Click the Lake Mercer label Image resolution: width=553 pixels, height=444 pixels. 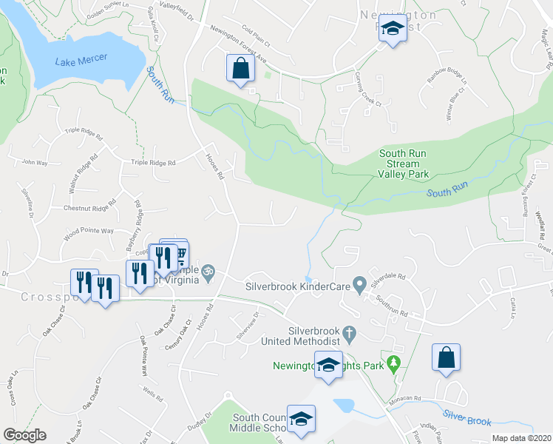pyautogui.click(x=81, y=58)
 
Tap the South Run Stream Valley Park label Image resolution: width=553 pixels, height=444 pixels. pyautogui.click(x=404, y=164)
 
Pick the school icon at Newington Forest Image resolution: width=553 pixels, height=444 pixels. pyautogui.click(x=393, y=29)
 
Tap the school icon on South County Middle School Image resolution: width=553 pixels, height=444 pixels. pyautogui.click(x=301, y=419)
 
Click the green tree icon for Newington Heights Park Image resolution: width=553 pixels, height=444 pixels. pyautogui.click(x=394, y=363)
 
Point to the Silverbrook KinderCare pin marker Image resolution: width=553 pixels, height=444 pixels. pyautogui.click(x=359, y=283)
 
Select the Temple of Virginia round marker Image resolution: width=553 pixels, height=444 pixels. pyautogui.click(x=208, y=271)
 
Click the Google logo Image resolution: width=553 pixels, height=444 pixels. pyautogui.click(x=24, y=435)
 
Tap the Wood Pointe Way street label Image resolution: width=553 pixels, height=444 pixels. pyautogui.click(x=88, y=231)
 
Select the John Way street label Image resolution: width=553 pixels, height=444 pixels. pyautogui.click(x=35, y=161)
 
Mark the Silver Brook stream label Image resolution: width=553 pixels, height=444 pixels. pyautogui.click(x=468, y=419)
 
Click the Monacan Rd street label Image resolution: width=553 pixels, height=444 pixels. pyautogui.click(x=404, y=399)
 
